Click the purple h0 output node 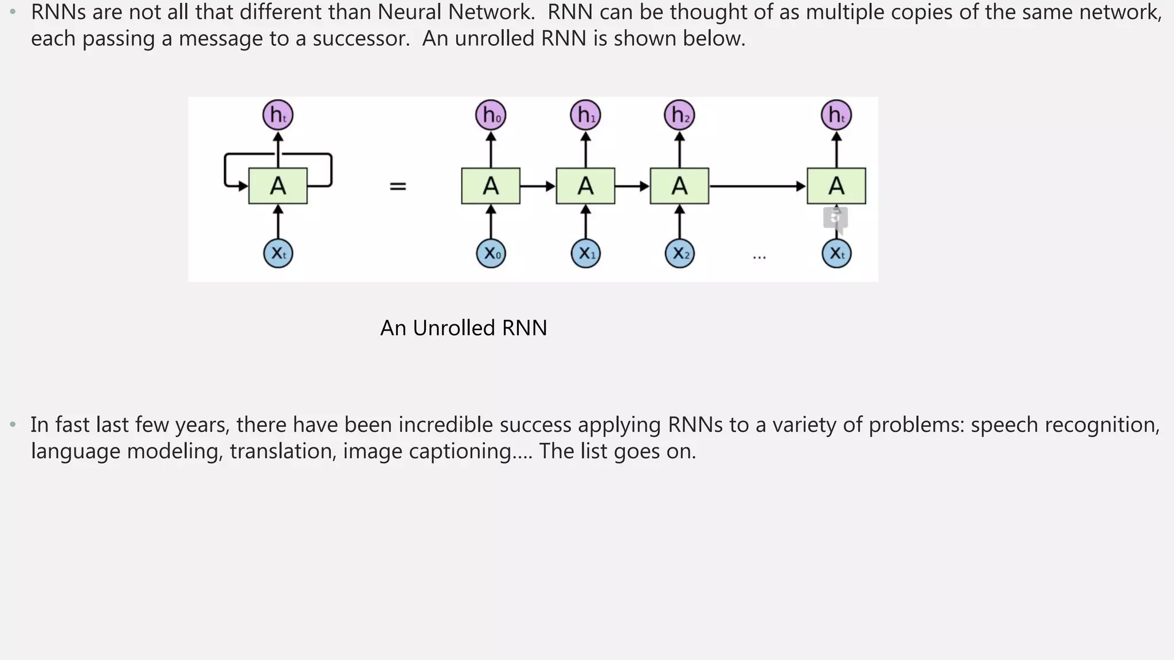click(x=491, y=115)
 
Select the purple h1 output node click(x=585, y=115)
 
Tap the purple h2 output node click(x=679, y=115)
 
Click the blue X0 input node click(x=491, y=253)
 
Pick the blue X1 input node click(x=585, y=253)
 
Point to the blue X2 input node click(x=679, y=253)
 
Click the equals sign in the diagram click(x=398, y=186)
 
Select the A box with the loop click(x=278, y=186)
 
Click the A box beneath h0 click(x=491, y=186)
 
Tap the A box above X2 click(x=679, y=186)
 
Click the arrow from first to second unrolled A click(x=538, y=186)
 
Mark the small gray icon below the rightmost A click(x=835, y=218)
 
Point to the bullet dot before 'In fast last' click(x=13, y=425)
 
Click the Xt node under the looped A click(x=278, y=253)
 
